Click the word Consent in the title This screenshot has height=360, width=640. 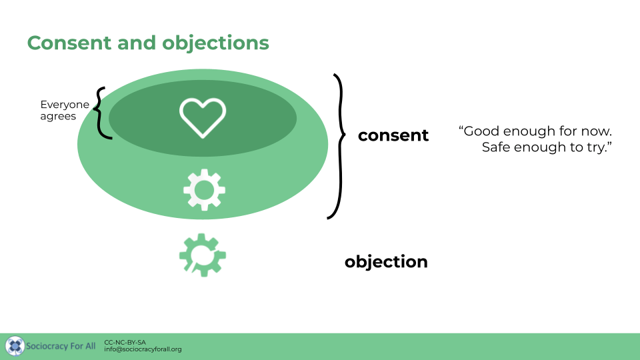point(70,43)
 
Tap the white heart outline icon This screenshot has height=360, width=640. point(203,118)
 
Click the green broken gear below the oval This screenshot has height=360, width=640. point(202,255)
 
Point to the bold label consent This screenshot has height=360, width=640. point(393,135)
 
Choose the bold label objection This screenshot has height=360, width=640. point(386,261)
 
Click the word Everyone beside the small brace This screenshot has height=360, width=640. point(65,105)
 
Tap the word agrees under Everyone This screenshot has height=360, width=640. point(58,116)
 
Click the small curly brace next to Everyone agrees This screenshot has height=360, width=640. point(101,113)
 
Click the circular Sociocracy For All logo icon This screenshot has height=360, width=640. point(15,346)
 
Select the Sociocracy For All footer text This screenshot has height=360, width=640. point(61,346)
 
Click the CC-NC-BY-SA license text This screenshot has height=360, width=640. point(125,342)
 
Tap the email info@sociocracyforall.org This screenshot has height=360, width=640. point(143,349)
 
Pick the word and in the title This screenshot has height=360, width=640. point(138,43)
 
